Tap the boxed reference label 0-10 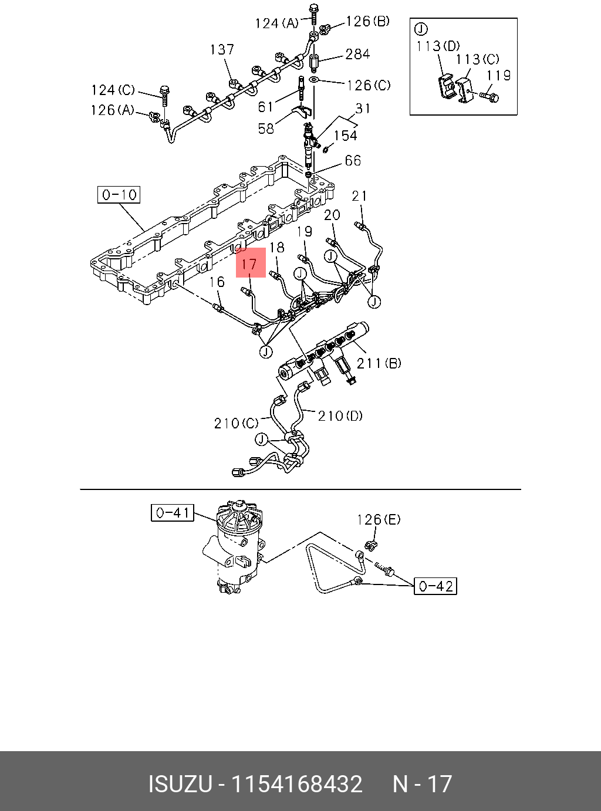pyautogui.click(x=119, y=195)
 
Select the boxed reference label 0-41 pyautogui.click(x=172, y=513)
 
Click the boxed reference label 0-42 pyautogui.click(x=435, y=586)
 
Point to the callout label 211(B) pyautogui.click(x=379, y=363)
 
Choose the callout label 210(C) pyautogui.click(x=236, y=423)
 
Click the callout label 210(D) pyautogui.click(x=340, y=416)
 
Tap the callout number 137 pyautogui.click(x=222, y=49)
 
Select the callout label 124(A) pyautogui.click(x=276, y=23)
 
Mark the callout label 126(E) pyautogui.click(x=379, y=519)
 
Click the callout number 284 pyautogui.click(x=357, y=54)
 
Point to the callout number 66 pyautogui.click(x=353, y=160)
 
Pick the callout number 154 pyautogui.click(x=345, y=135)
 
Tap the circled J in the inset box pyautogui.click(x=421, y=29)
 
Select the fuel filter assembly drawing pyautogui.click(x=235, y=546)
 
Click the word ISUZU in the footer pyautogui.click(x=180, y=784)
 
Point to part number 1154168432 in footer pyautogui.click(x=296, y=784)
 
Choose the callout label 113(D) pyautogui.click(x=438, y=46)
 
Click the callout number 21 pyautogui.click(x=359, y=196)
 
